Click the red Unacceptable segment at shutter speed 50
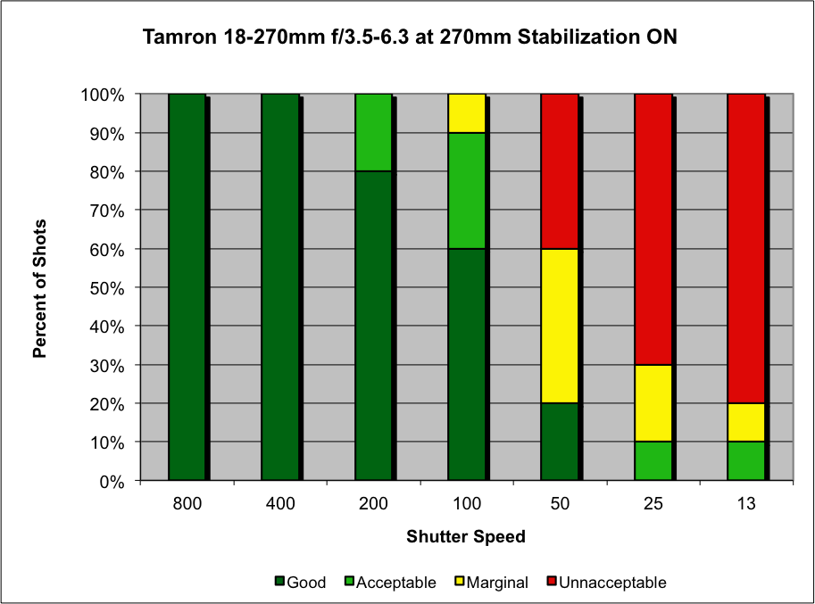(x=560, y=171)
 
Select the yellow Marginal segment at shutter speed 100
(x=467, y=113)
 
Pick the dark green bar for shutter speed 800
(x=187, y=287)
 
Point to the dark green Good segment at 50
(x=560, y=442)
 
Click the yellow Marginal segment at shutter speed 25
(x=653, y=403)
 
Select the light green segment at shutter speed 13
(x=745, y=461)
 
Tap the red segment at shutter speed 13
(x=745, y=248)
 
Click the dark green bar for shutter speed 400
(x=279, y=287)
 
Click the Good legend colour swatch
(x=280, y=583)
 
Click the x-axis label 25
(x=653, y=503)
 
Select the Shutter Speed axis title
(x=466, y=537)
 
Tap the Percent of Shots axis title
(x=40, y=287)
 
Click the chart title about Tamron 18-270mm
(x=407, y=38)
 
